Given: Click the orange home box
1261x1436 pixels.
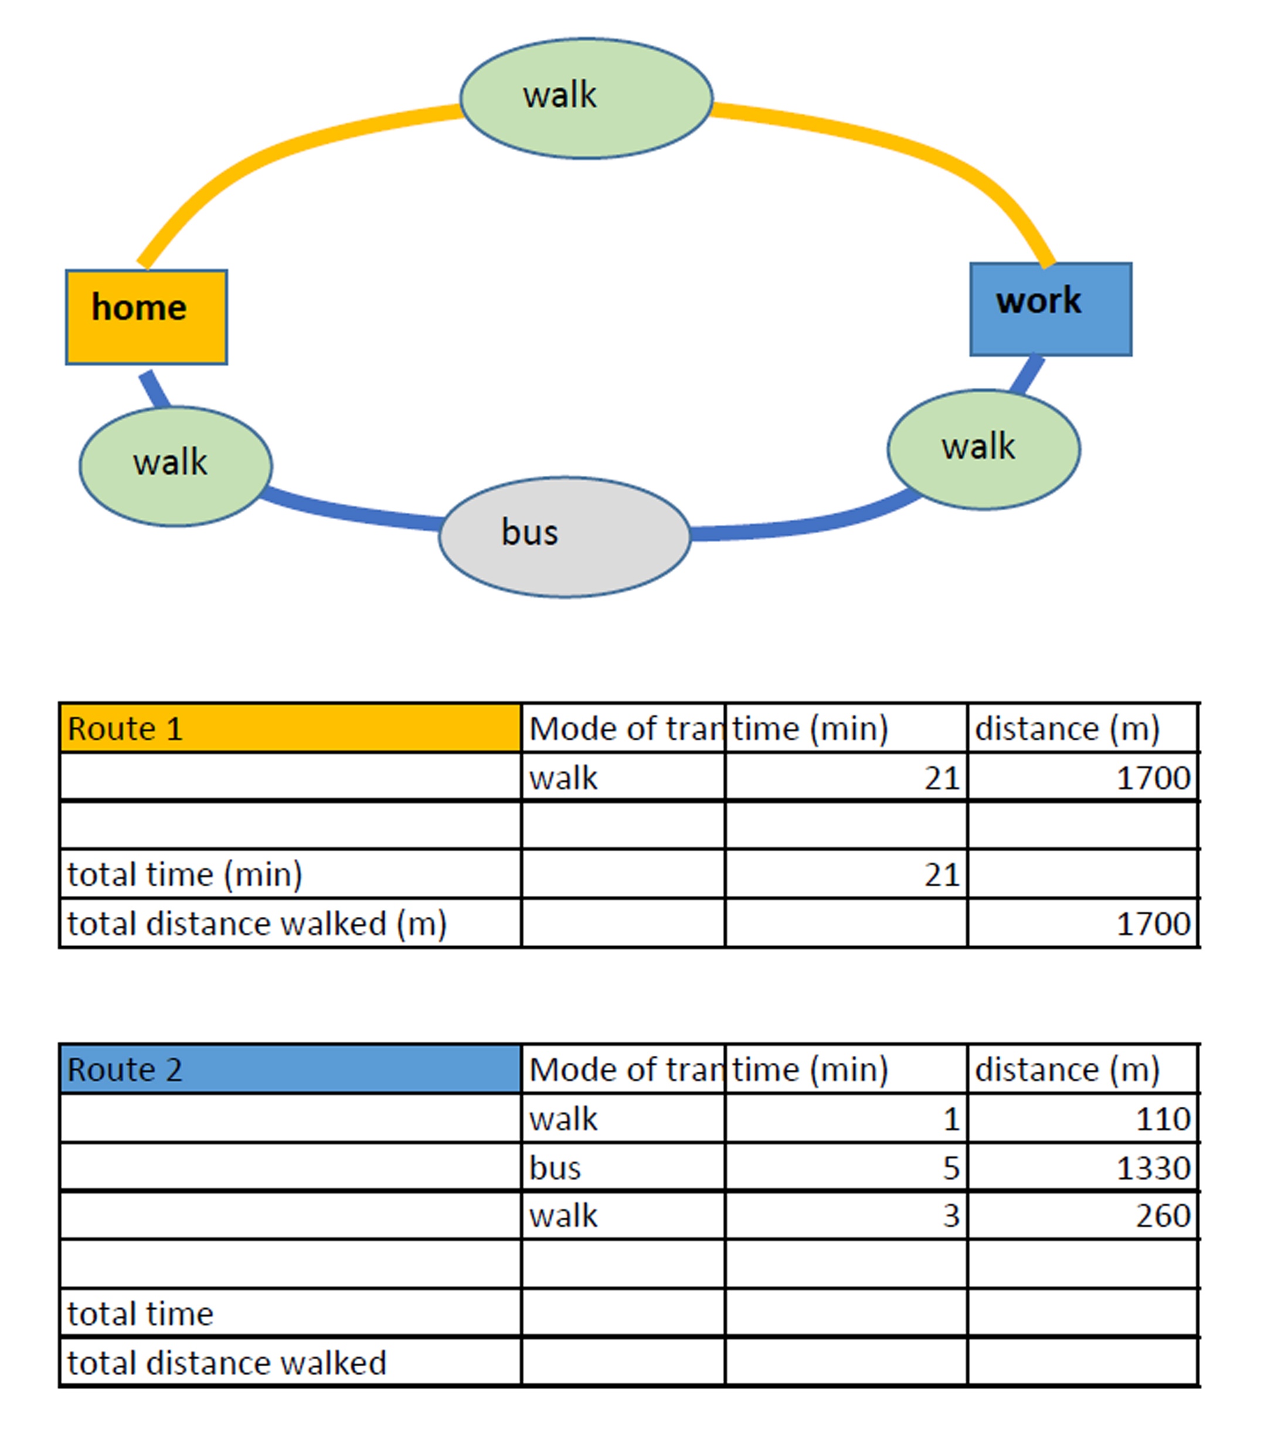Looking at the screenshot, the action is tap(146, 317).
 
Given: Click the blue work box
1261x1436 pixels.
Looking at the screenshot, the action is tap(1051, 309).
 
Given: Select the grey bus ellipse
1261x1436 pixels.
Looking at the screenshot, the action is tap(565, 537).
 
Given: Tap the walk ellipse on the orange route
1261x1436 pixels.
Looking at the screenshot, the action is tap(586, 99).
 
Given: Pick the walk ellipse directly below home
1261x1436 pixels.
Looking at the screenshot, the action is tap(175, 466).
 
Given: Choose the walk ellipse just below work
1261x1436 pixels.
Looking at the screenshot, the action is tap(984, 449).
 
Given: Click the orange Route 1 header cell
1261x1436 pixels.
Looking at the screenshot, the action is tap(290, 728).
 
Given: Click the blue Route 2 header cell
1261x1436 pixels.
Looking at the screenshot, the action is tap(290, 1069).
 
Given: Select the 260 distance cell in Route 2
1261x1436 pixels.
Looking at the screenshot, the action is tap(1083, 1215).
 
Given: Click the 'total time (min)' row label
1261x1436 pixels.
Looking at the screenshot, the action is tap(185, 875).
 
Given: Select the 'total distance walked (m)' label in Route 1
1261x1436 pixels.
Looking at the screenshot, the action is tap(257, 924).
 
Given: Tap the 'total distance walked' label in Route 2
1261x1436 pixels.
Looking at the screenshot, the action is tap(227, 1363).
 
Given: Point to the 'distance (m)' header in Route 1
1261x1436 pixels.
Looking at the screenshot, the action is tap(1066, 729).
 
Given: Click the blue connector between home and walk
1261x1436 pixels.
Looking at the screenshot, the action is tap(155, 389).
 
